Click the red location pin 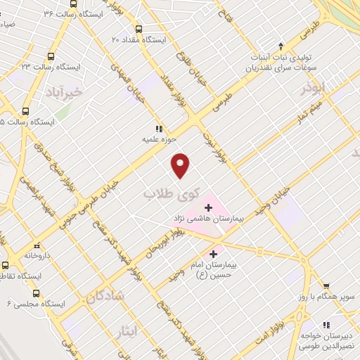(181, 165)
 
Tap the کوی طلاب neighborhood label (172, 193)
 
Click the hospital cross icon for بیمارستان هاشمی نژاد (208, 208)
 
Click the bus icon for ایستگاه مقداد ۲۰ (139, 30)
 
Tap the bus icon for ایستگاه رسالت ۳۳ (50, 56)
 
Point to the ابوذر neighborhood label (314, 89)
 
